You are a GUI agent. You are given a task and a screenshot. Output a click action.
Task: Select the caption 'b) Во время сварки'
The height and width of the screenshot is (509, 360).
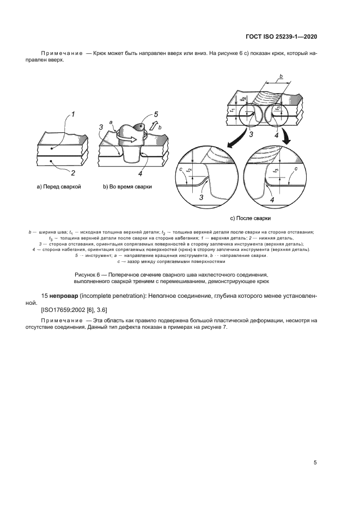[x=127, y=187]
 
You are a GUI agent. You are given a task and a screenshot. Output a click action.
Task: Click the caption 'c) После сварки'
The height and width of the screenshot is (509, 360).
[x=251, y=218]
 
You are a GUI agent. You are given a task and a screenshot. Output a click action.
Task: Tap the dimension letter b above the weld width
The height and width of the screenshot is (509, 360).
[x=280, y=76]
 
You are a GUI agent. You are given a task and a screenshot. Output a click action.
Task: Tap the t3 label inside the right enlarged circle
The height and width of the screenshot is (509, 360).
[x=277, y=170]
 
